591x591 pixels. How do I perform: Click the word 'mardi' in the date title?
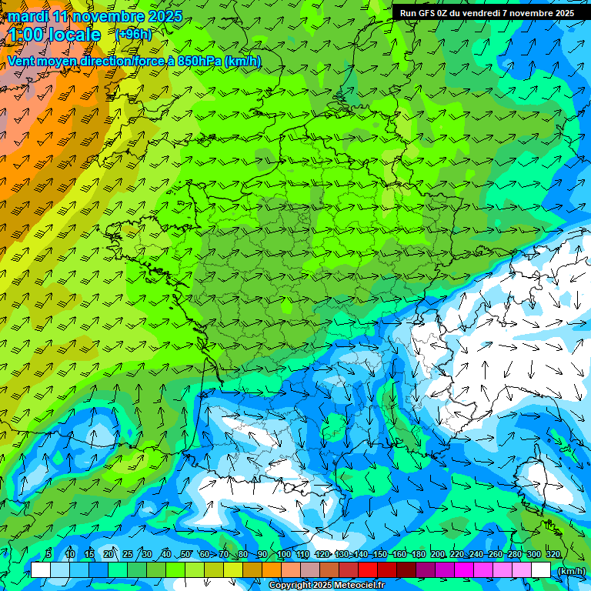28,16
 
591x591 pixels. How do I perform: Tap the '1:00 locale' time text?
54,35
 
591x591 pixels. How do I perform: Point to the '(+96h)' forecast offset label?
133,35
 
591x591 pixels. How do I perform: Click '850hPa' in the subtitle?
199,61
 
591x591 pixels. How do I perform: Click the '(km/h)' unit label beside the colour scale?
570,570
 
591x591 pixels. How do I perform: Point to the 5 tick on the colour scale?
48,554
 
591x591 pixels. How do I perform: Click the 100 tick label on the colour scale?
283,554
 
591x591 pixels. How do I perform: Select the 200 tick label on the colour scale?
438,554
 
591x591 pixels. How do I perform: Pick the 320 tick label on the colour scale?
553,554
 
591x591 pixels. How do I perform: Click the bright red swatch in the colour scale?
368,569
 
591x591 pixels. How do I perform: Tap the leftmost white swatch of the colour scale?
41,569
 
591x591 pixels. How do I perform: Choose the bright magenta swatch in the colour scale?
464,569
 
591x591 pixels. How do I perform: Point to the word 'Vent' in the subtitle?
23,61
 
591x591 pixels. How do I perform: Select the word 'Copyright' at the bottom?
289,586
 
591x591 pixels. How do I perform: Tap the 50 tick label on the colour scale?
185,554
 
